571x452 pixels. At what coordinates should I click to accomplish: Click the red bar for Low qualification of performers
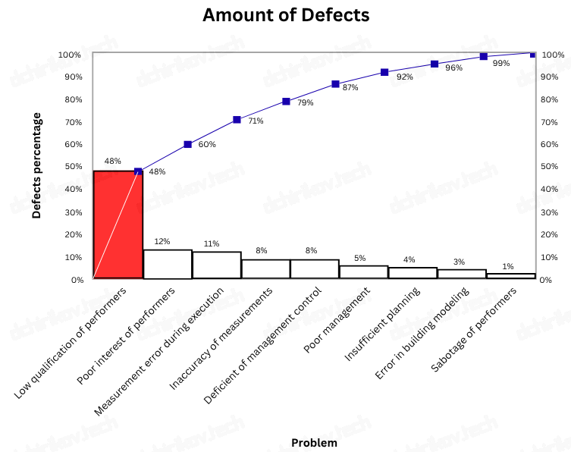118,224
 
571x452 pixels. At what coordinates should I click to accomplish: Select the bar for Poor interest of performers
167,264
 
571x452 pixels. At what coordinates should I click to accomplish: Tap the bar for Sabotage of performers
511,276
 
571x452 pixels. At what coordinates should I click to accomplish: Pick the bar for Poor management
363,272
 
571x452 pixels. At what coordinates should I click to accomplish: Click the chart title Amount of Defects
286,15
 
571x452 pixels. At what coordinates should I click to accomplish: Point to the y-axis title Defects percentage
36,165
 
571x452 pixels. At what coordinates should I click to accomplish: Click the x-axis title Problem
314,443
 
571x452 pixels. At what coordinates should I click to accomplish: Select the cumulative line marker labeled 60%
187,144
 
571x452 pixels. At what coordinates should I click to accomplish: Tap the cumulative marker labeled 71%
237,120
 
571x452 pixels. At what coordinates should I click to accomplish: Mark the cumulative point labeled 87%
335,84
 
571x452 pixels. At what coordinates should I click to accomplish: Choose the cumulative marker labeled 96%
435,64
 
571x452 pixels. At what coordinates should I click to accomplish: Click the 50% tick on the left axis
73,167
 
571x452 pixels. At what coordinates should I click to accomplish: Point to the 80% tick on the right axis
551,99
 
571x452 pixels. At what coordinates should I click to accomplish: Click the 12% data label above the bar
162,242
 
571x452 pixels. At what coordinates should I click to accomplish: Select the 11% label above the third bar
211,243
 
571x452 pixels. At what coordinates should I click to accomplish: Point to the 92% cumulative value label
404,77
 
